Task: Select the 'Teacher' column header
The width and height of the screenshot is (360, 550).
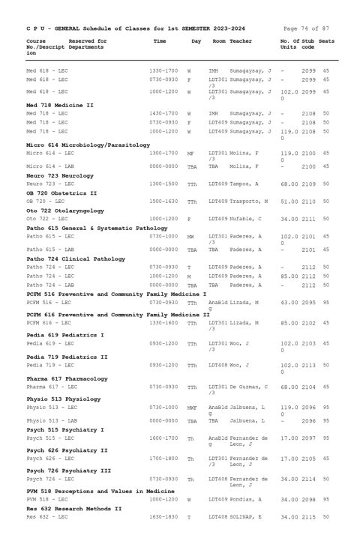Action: [241, 40]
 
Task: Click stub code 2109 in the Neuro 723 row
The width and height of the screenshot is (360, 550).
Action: [308, 184]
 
